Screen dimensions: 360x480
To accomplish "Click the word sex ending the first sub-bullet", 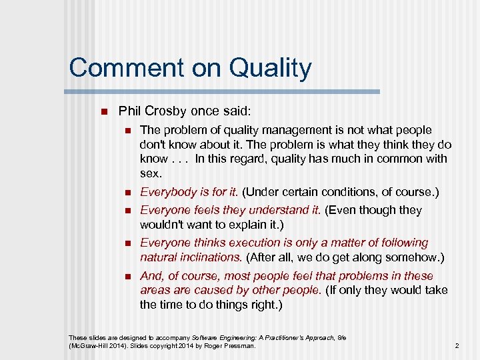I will pyautogui.click(x=151, y=174).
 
